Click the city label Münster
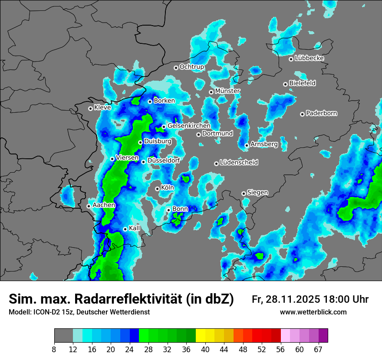point(227,91)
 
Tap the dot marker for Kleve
point(90,108)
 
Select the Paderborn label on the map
point(321,113)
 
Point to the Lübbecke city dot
point(291,59)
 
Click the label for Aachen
point(104,205)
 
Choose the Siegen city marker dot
point(244,193)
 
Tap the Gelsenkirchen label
point(189,126)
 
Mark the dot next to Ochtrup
point(176,67)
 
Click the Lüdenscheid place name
point(239,163)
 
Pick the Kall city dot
point(125,229)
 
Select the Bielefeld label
point(302,83)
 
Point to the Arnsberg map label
point(264,144)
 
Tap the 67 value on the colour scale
point(318,349)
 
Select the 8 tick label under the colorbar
point(54,349)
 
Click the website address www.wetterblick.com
point(313,312)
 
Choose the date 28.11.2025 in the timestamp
point(292,299)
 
